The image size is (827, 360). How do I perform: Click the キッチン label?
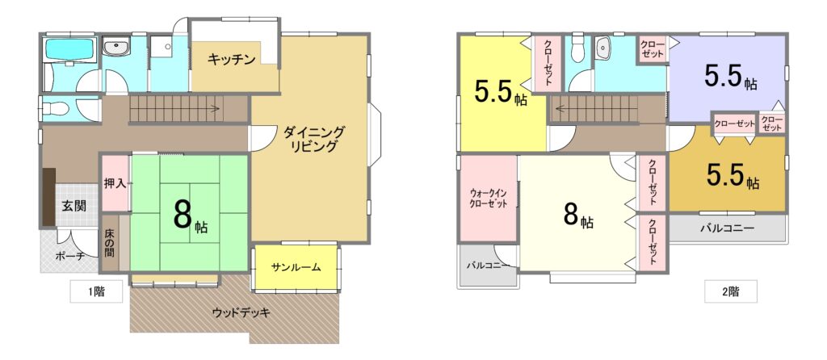[x=232, y=59]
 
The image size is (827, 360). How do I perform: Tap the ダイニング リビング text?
[x=314, y=139]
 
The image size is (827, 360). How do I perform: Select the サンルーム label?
[x=296, y=266]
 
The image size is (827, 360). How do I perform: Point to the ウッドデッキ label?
[x=241, y=312]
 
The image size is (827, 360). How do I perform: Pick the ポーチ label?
[x=69, y=257]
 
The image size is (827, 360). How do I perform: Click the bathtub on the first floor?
[x=70, y=49]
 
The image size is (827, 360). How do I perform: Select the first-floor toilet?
[x=54, y=109]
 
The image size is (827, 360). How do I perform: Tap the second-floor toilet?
[x=578, y=49]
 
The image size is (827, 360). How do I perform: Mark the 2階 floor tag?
[x=730, y=291]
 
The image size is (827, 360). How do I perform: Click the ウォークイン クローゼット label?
[x=488, y=199]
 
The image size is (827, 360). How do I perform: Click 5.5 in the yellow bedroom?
[x=493, y=92]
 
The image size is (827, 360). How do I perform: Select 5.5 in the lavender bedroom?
[x=723, y=77]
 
